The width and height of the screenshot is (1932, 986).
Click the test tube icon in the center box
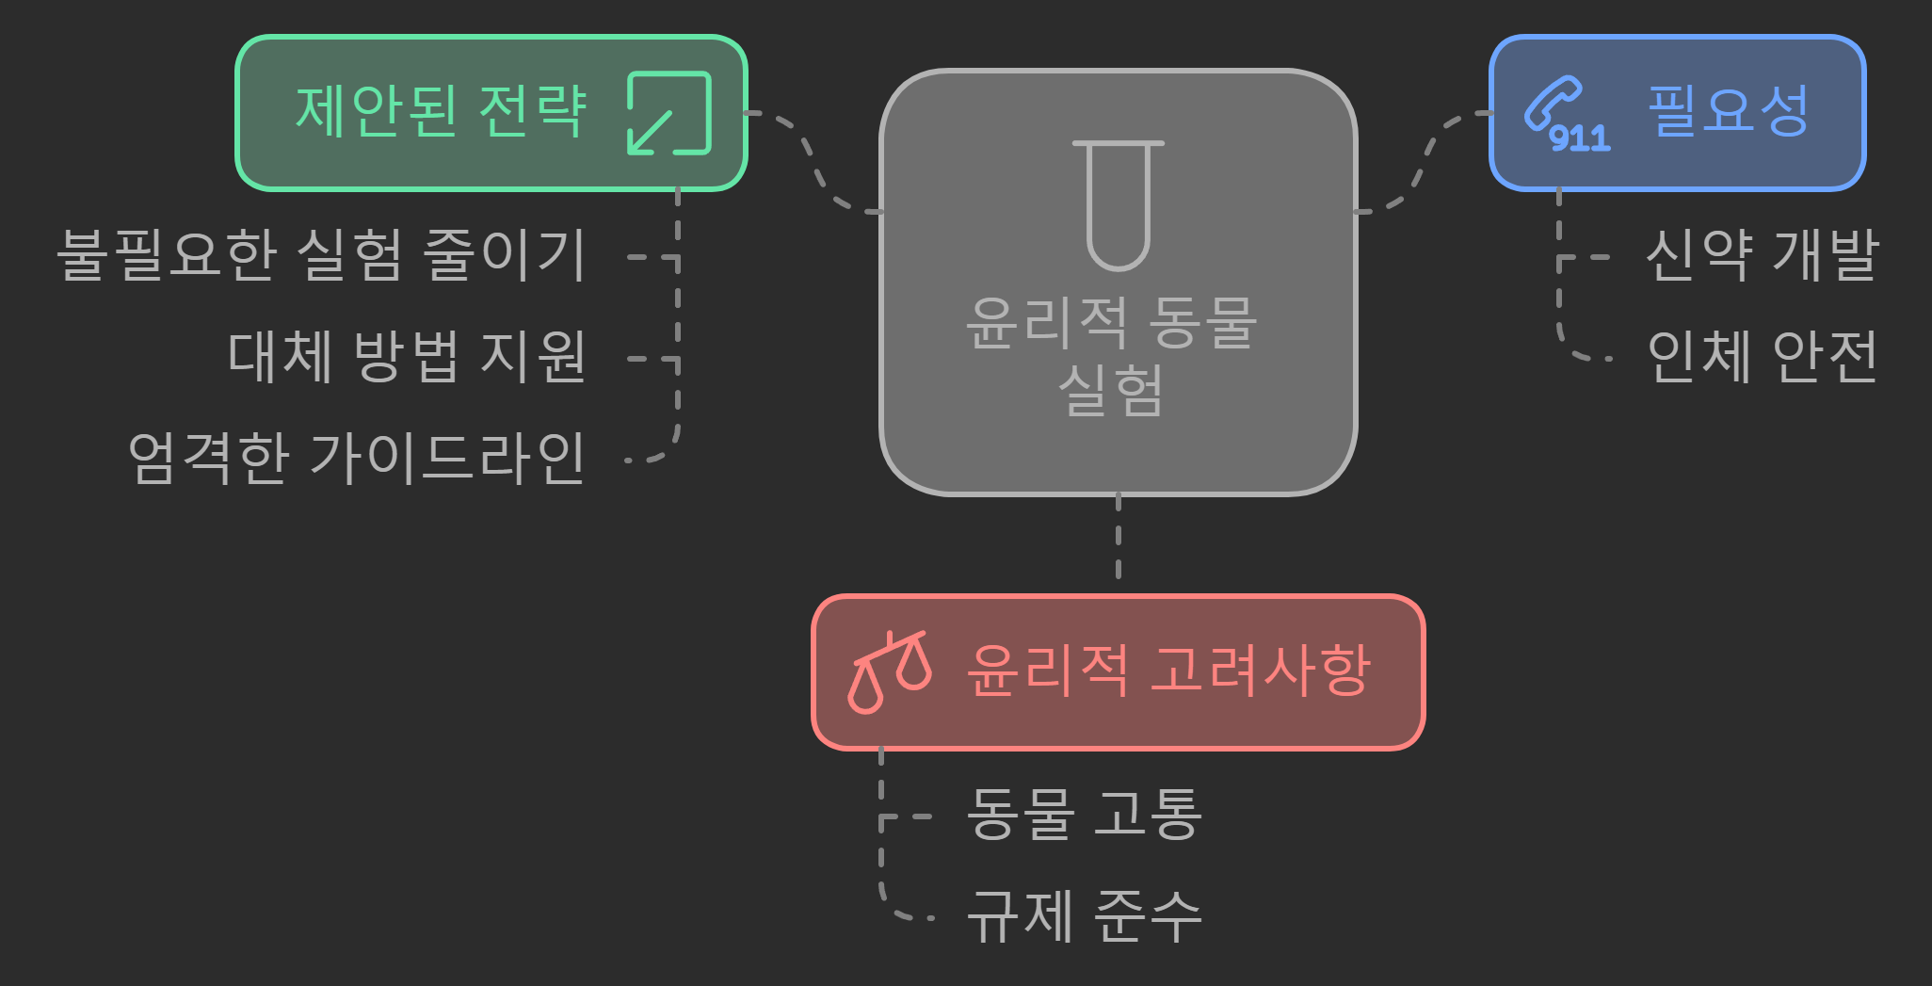(x=1118, y=204)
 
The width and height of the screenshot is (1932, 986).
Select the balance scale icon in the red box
(x=889, y=671)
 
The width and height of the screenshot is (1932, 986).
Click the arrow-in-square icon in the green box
(x=668, y=113)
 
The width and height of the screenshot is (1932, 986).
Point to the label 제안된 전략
(x=441, y=111)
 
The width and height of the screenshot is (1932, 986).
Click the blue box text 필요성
(x=1728, y=111)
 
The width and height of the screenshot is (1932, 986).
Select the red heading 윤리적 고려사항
(x=1168, y=671)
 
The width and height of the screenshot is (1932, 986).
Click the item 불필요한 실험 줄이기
(x=321, y=255)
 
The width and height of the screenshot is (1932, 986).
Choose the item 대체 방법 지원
(x=407, y=357)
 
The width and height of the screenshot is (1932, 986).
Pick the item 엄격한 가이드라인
(x=357, y=459)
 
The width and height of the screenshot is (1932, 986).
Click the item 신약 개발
(x=1762, y=255)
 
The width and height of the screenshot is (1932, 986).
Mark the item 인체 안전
(x=1762, y=357)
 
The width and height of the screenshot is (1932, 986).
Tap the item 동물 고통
(x=1084, y=814)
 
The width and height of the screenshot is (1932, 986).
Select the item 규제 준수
(x=1084, y=915)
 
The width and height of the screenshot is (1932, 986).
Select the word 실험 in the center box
(x=1112, y=390)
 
